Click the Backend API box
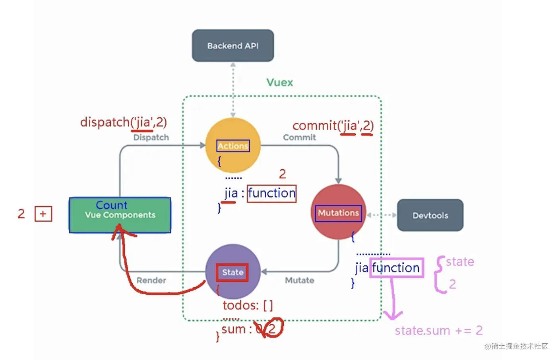pyautogui.click(x=233, y=46)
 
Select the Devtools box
pyautogui.click(x=430, y=215)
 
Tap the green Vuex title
pyautogui.click(x=279, y=82)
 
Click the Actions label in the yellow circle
pyautogui.click(x=233, y=146)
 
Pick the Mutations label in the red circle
pyautogui.click(x=338, y=213)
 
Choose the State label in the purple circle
pyautogui.click(x=232, y=272)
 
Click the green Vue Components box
pyautogui.click(x=120, y=215)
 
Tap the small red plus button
pyautogui.click(x=43, y=214)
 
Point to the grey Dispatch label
pyautogui.click(x=151, y=137)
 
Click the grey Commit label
pyautogui.click(x=299, y=137)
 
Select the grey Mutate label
pyautogui.click(x=299, y=280)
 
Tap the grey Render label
pyautogui.click(x=151, y=280)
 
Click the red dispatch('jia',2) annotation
pyautogui.click(x=123, y=122)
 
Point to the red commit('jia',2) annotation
pyautogui.click(x=333, y=125)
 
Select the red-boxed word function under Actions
pyautogui.click(x=272, y=194)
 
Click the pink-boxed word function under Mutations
pyautogui.click(x=396, y=268)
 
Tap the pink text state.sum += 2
pyautogui.click(x=438, y=330)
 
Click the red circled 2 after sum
pyautogui.click(x=272, y=329)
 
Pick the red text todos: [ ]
pyautogui.click(x=248, y=305)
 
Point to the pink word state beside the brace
pyautogui.click(x=460, y=261)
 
